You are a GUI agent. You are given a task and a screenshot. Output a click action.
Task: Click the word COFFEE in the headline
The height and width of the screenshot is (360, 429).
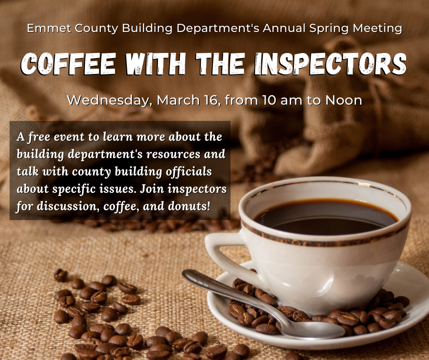tap(68, 64)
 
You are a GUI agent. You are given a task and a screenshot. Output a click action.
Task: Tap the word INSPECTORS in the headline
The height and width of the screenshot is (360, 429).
tap(330, 64)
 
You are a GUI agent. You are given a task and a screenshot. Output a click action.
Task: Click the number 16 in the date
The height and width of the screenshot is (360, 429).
tap(211, 100)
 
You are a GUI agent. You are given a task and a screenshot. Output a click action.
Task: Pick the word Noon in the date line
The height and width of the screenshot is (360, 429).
tap(344, 100)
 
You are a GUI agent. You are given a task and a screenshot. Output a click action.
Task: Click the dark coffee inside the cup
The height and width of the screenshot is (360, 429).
tap(325, 218)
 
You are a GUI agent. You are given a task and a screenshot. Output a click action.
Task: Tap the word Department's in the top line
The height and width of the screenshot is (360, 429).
tap(218, 28)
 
